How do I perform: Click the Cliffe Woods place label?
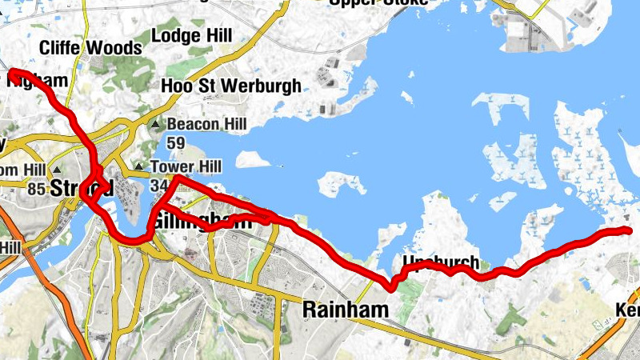(90, 48)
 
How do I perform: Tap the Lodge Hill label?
(191, 36)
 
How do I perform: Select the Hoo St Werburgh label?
(231, 86)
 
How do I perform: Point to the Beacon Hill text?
(206, 125)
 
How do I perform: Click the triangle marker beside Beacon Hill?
(156, 126)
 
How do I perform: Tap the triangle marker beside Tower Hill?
(139, 167)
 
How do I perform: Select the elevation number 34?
(158, 186)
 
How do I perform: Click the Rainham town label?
(346, 309)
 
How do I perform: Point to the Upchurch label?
(441, 262)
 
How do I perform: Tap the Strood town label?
(80, 189)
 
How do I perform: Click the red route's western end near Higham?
(11, 74)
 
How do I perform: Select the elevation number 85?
(34, 190)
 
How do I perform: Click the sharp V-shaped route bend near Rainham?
(391, 286)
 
